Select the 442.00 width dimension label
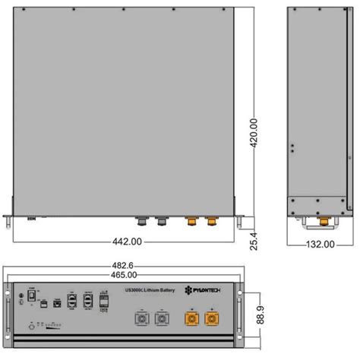(x=127, y=242)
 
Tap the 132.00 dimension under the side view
(x=320, y=244)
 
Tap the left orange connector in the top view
(x=191, y=223)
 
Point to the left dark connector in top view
(x=141, y=223)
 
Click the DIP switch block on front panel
(x=52, y=329)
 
